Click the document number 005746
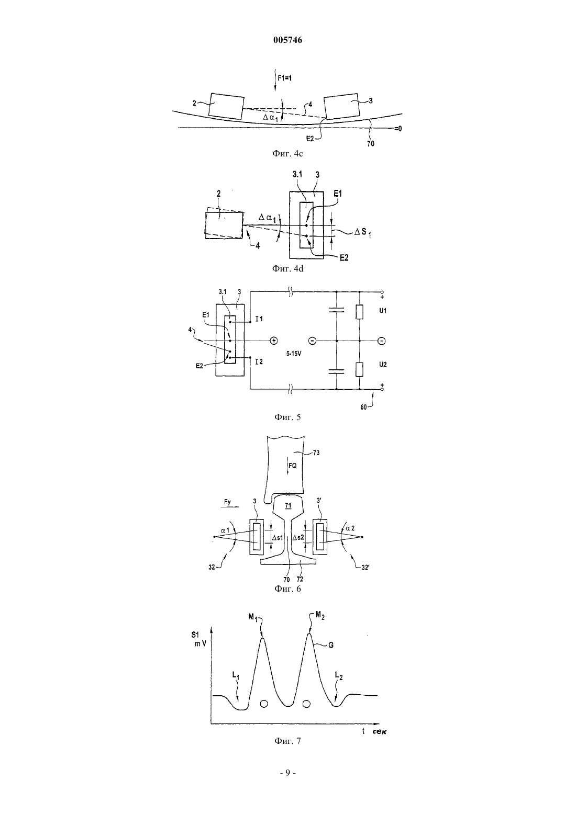point(287,40)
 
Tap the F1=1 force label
point(285,78)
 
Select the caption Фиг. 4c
point(287,153)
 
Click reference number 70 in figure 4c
point(371,143)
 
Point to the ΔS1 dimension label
point(363,232)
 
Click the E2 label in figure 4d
point(344,258)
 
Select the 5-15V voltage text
point(293,353)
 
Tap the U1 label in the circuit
point(383,311)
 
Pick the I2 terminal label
point(259,362)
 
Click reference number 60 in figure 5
point(363,408)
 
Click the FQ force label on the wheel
point(292,466)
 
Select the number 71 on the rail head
point(288,505)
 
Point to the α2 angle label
point(350,528)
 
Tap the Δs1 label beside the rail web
point(277,537)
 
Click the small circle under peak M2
point(306,704)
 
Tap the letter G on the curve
point(331,645)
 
